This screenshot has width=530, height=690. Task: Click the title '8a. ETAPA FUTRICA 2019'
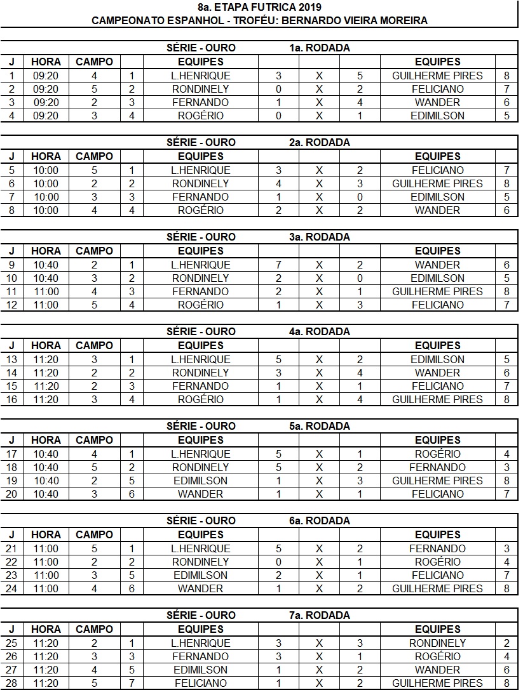(259, 8)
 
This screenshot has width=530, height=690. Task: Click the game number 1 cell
(11, 76)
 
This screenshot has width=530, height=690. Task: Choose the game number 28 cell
(11, 683)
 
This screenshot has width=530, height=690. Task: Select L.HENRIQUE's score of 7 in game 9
(278, 265)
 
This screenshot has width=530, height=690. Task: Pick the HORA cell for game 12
(46, 305)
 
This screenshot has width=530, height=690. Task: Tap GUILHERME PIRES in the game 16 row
(437, 399)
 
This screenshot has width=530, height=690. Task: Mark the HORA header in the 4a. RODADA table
(46, 345)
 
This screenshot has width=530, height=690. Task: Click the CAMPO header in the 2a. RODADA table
(94, 156)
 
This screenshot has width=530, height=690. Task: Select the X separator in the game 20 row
(319, 494)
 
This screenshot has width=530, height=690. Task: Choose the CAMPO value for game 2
(94, 89)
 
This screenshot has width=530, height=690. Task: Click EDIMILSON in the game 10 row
(437, 278)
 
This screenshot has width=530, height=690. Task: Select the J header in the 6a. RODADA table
(11, 534)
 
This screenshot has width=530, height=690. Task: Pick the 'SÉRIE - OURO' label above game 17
(201, 427)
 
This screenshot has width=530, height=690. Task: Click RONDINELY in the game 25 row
(437, 643)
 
